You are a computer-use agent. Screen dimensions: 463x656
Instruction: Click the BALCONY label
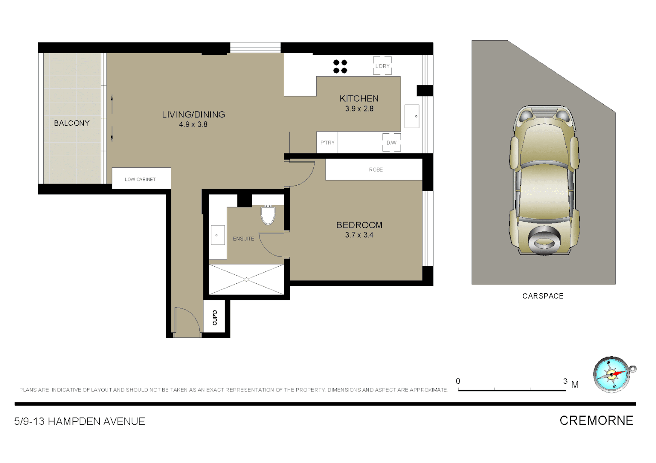[72, 123]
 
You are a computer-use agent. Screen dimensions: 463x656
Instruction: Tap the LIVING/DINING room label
[193, 114]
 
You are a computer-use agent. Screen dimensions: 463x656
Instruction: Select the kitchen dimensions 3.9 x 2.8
[359, 109]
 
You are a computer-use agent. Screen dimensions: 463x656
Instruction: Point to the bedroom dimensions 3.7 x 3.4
[359, 235]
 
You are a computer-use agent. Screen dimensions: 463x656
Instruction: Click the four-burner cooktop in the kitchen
[340, 66]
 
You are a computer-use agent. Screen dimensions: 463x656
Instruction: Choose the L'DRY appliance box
[382, 66]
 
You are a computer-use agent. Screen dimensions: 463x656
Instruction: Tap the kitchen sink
[412, 116]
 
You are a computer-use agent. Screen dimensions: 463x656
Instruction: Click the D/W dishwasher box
[392, 143]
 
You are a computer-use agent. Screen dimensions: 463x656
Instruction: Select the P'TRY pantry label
[327, 143]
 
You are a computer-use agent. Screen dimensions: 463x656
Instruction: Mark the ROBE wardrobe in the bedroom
[376, 170]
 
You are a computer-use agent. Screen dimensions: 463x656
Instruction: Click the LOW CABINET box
[141, 179]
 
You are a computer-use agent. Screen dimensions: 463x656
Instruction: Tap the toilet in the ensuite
[268, 215]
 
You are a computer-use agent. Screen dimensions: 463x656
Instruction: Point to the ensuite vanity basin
[217, 235]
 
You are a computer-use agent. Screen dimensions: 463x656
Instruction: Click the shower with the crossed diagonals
[246, 280]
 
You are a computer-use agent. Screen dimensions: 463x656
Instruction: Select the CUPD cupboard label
[215, 318]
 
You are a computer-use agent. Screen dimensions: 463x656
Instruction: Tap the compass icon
[612, 375]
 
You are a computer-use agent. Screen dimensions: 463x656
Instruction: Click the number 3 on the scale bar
[565, 381]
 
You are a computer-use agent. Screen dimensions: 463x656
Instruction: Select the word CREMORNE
[596, 421]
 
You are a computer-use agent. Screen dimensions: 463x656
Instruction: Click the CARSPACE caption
[543, 296]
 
